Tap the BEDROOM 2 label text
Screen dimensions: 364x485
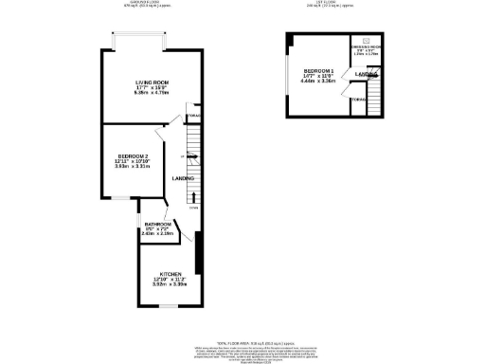(x=134, y=155)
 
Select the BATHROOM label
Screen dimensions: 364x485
(x=157, y=225)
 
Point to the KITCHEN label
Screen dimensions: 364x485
(x=171, y=272)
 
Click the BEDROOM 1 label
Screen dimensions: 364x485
(x=318, y=71)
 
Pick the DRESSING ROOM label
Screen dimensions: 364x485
(x=364, y=46)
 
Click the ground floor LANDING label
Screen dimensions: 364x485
(x=184, y=178)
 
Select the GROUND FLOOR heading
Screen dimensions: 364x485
(x=145, y=3)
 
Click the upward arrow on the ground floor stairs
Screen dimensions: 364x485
(x=193, y=197)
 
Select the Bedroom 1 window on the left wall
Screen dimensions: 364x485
(x=287, y=76)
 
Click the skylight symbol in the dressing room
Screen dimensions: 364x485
(x=365, y=39)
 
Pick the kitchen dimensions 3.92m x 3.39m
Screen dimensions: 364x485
(x=171, y=283)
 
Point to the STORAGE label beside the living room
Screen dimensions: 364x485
(x=193, y=116)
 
